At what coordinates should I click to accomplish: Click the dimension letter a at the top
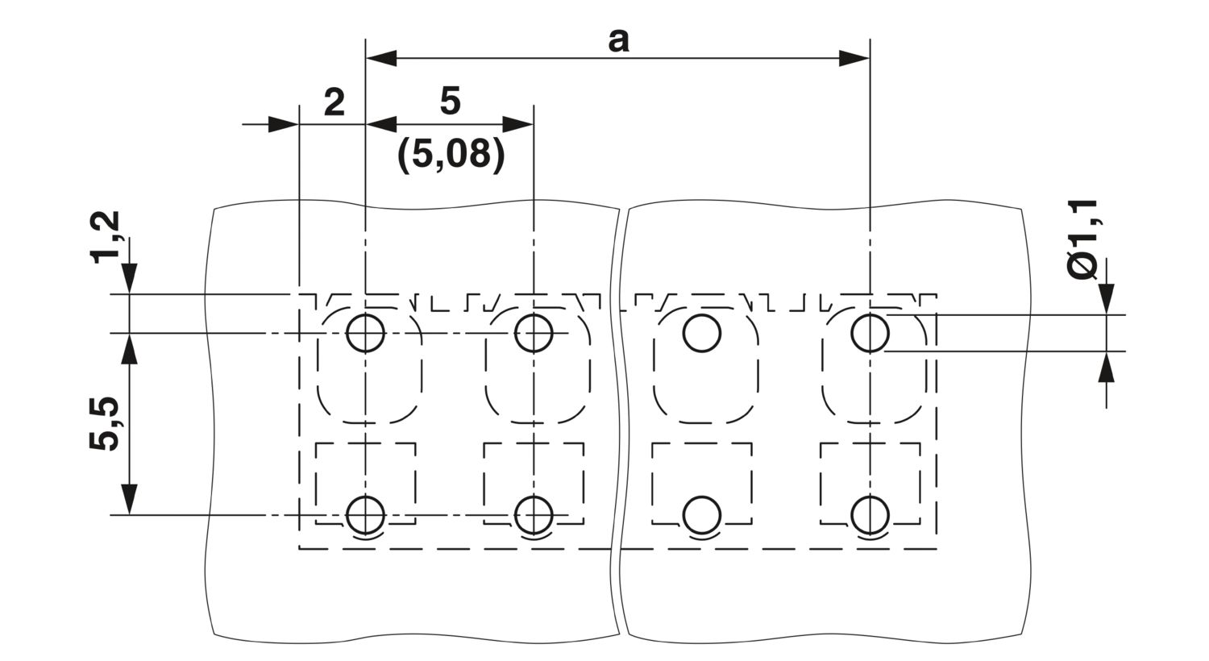click(x=618, y=42)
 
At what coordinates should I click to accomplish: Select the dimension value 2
click(x=334, y=102)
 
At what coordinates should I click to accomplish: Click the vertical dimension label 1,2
click(x=106, y=238)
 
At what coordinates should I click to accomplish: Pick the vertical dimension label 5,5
click(x=104, y=423)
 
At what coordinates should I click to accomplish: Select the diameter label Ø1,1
click(x=1082, y=239)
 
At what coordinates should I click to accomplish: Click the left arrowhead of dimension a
click(x=380, y=58)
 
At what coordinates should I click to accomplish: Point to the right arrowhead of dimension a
click(x=854, y=58)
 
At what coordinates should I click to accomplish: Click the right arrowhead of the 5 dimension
click(x=518, y=125)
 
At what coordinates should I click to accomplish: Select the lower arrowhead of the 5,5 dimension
click(x=129, y=499)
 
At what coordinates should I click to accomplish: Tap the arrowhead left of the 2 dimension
click(x=284, y=125)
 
